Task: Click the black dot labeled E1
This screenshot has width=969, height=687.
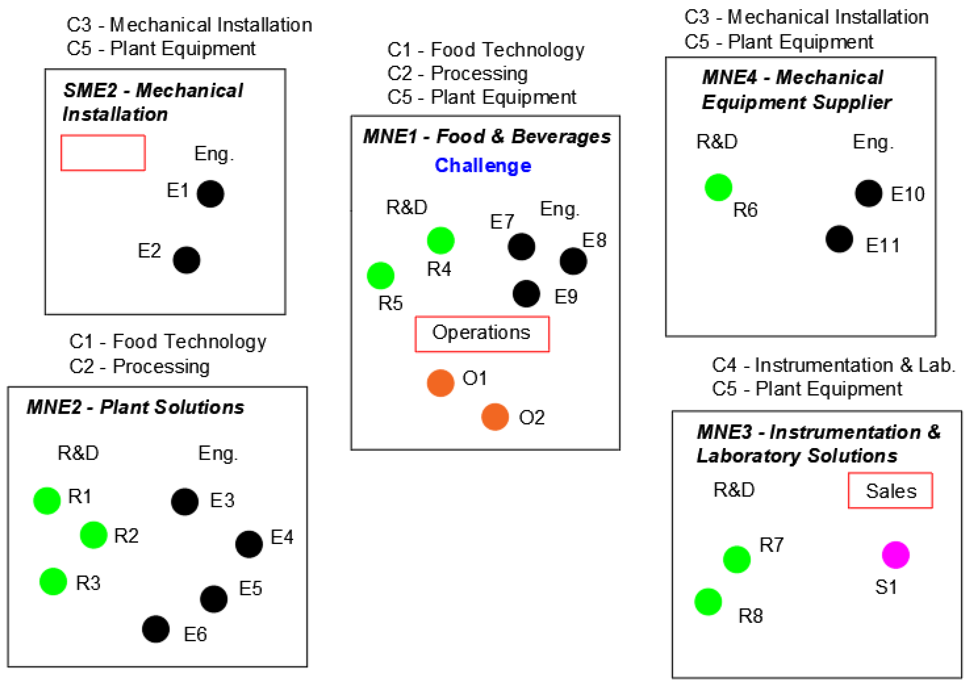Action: [210, 194]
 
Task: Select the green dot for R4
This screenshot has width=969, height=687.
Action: [440, 241]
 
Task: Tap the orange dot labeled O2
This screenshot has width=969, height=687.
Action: [494, 417]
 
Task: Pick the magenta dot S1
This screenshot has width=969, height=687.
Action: [895, 555]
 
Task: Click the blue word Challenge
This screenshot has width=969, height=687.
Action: [483, 165]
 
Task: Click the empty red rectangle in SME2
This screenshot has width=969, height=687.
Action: [103, 153]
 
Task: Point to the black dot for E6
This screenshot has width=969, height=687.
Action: [156, 629]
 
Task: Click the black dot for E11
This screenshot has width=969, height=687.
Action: [839, 239]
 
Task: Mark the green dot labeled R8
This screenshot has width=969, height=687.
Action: [708, 602]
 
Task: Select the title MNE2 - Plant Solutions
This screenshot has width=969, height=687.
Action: [135, 407]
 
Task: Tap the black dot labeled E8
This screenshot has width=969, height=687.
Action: [573, 261]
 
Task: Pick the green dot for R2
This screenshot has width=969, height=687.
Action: [94, 535]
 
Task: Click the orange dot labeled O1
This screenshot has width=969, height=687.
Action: [440, 383]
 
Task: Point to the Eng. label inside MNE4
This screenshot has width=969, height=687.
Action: [872, 142]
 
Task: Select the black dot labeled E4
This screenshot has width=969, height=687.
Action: [249, 544]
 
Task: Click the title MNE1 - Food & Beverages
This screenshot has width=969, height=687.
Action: [486, 137]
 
